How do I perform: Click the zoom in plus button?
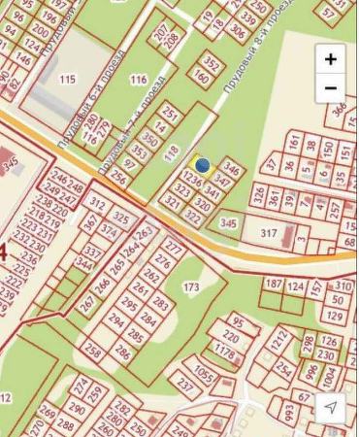(x=331, y=59)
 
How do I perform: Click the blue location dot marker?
(x=203, y=166)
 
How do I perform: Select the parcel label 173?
(x=190, y=287)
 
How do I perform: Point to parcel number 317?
(x=269, y=233)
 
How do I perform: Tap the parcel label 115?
(x=67, y=78)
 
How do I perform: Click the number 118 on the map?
(x=172, y=151)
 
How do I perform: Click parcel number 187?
(x=273, y=285)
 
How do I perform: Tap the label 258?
(x=93, y=347)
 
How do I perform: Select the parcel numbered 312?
(x=97, y=204)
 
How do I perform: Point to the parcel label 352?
(x=212, y=65)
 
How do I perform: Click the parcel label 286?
(x=123, y=353)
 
